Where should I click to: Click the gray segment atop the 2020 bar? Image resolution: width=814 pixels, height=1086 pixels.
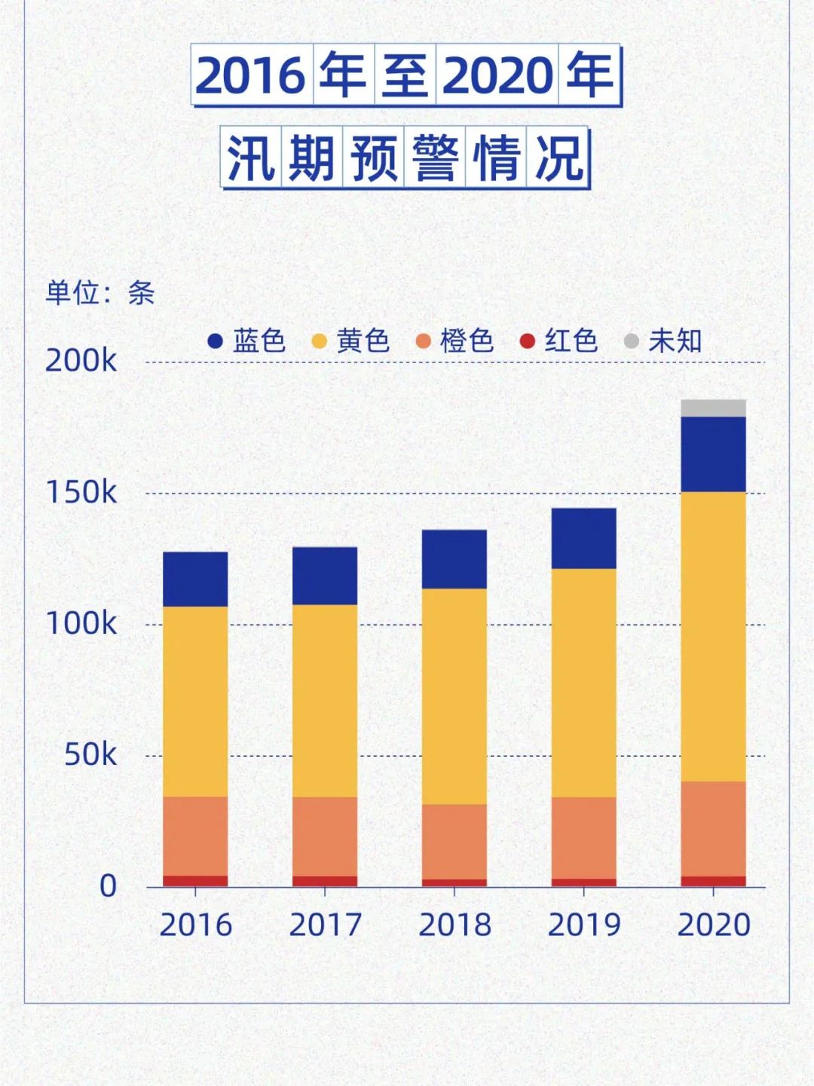click(713, 408)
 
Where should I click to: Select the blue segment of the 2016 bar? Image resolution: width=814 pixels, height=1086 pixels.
click(195, 580)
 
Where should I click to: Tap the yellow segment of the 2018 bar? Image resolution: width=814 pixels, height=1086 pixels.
click(454, 696)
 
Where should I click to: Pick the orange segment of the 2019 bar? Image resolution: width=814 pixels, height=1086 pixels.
click(583, 838)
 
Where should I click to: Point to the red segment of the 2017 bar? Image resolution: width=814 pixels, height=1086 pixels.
click(325, 881)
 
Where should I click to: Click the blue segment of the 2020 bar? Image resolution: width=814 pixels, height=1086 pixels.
click(713, 454)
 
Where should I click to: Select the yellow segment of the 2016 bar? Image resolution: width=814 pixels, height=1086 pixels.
click(195, 702)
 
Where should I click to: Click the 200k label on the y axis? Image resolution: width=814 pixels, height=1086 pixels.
click(81, 361)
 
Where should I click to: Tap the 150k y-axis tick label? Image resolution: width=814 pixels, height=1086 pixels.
click(81, 493)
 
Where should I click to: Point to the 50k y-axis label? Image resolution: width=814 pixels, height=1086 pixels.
click(90, 754)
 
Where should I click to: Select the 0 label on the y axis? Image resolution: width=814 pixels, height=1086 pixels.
click(109, 886)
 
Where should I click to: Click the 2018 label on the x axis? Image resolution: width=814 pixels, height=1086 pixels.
click(454, 925)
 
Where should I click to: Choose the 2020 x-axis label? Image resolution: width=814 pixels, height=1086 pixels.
click(714, 925)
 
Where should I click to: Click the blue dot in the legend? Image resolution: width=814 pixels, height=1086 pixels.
click(216, 341)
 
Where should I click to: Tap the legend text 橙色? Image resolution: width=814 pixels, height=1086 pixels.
click(467, 341)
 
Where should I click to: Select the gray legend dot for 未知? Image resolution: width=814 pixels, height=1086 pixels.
click(632, 341)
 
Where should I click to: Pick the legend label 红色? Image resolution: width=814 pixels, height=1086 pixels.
click(571, 341)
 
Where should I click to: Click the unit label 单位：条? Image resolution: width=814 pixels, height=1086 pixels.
click(100, 292)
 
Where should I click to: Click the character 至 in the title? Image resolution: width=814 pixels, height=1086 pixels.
click(405, 75)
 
